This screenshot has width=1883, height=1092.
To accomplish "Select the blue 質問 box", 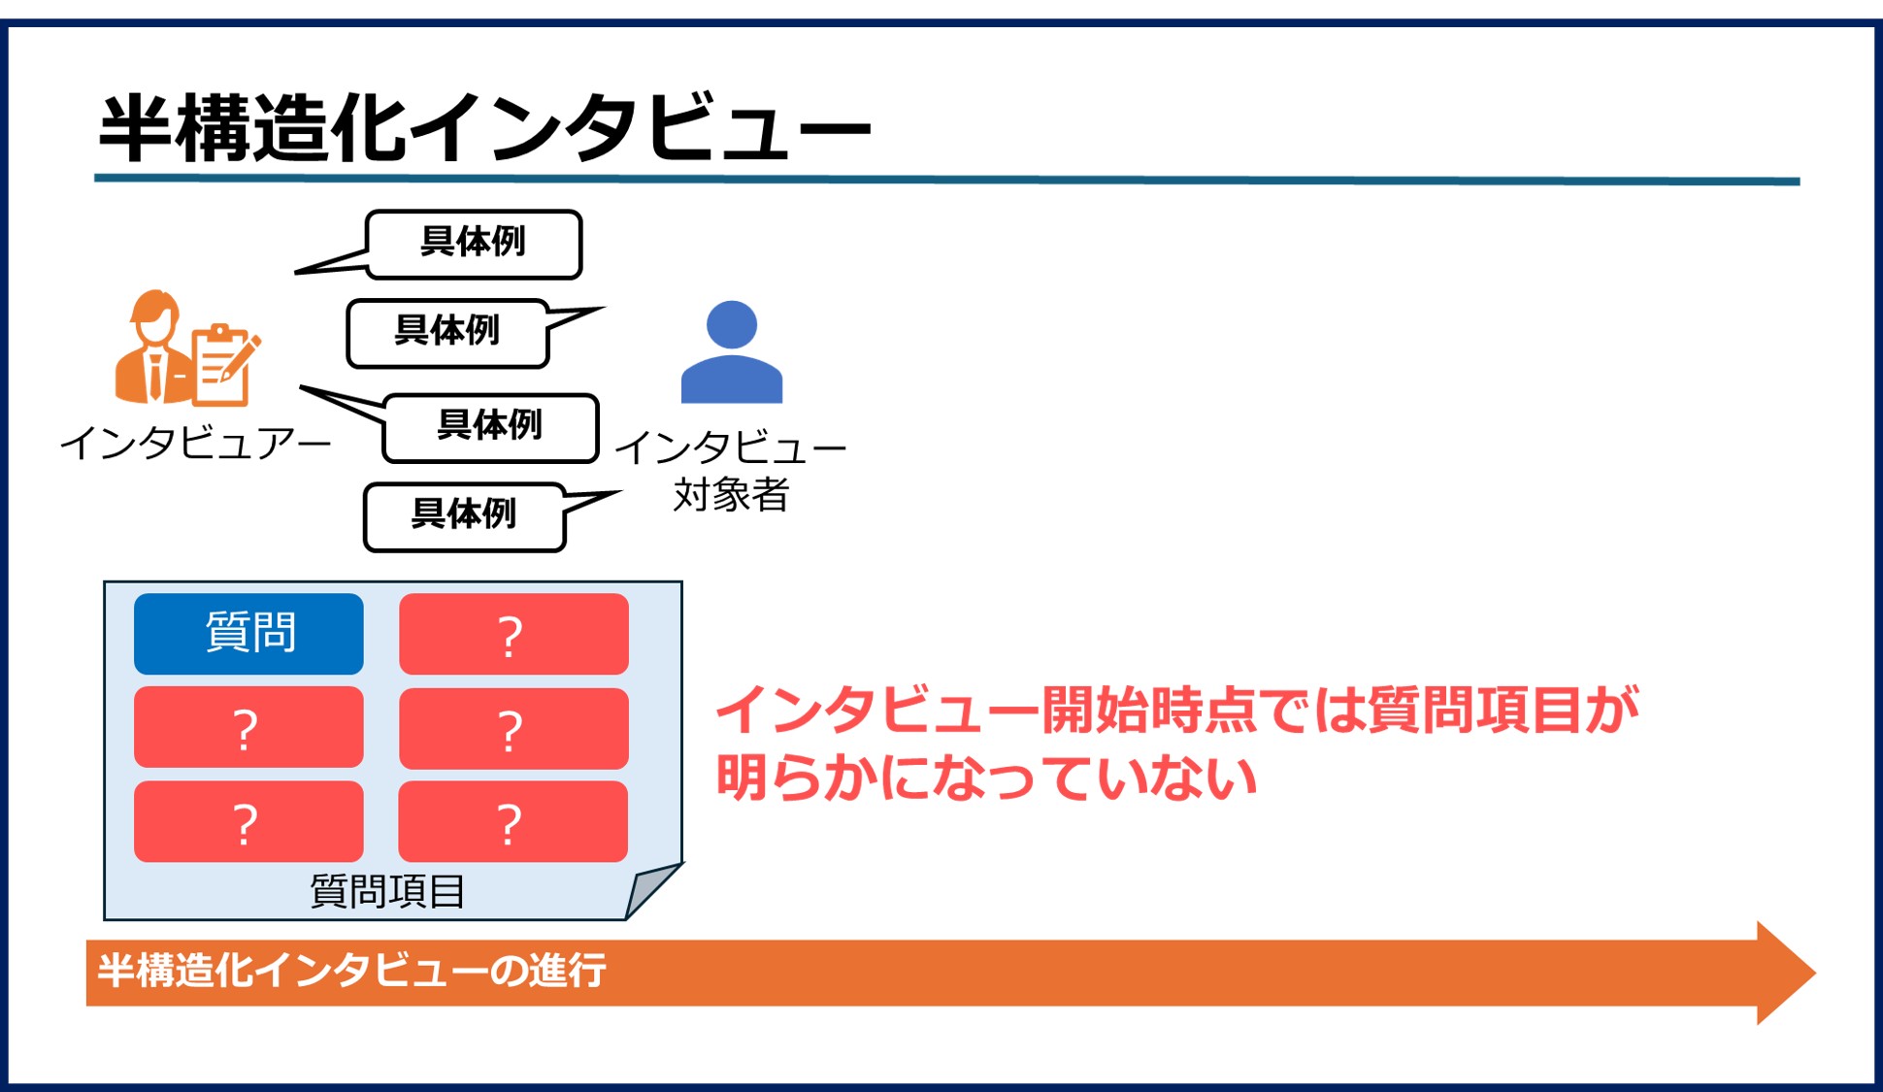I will (248, 633).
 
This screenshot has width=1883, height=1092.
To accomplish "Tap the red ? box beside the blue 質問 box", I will (513, 634).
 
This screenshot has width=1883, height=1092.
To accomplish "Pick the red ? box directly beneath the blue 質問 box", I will (248, 727).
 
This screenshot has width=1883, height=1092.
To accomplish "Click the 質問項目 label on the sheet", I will (387, 890).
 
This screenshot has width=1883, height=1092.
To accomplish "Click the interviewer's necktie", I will (154, 376).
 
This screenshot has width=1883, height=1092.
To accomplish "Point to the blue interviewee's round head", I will (731, 324).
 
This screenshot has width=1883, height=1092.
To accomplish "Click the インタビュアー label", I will (195, 444).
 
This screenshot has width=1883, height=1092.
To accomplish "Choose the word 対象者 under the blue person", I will (731, 494).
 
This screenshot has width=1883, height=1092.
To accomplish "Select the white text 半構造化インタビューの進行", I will (351, 971).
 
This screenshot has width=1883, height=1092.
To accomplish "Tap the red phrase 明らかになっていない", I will (985, 778).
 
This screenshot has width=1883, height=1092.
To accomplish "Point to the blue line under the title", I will (946, 180).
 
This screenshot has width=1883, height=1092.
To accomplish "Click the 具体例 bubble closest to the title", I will (474, 244).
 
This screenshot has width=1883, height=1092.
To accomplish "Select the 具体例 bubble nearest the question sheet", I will (464, 516).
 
